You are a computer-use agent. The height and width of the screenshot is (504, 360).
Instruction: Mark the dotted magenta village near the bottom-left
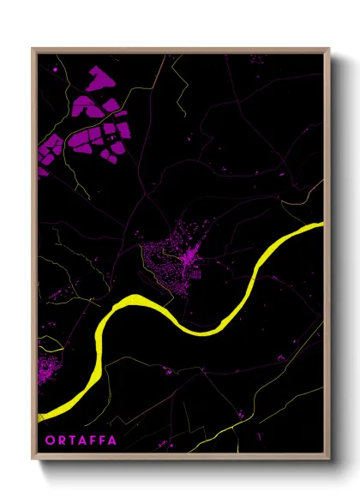point(47,370)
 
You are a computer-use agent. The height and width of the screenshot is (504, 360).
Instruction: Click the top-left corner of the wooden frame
point(33,49)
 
